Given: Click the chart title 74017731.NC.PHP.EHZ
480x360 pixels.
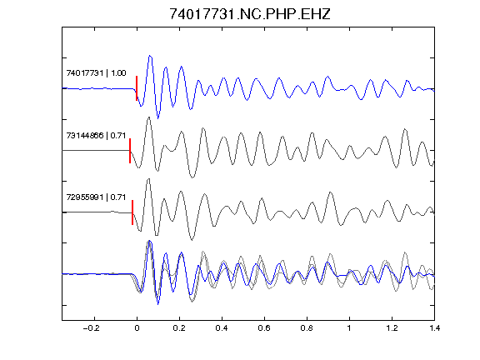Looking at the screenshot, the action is pyautogui.click(x=250, y=14).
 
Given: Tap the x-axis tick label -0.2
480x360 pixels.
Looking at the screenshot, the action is pyautogui.click(x=92, y=328).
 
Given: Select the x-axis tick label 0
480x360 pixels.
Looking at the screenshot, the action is pyautogui.click(x=137, y=328).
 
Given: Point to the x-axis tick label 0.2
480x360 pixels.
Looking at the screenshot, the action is pyautogui.click(x=179, y=328).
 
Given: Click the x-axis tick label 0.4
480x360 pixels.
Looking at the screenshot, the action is pyautogui.click(x=222, y=328).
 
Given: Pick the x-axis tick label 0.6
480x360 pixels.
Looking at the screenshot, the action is pyautogui.click(x=264, y=328).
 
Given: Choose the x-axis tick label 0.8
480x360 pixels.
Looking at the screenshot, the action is pyautogui.click(x=307, y=328).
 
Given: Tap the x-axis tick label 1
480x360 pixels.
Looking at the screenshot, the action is pyautogui.click(x=349, y=328).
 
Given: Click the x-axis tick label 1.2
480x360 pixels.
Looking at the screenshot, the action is pyautogui.click(x=392, y=328).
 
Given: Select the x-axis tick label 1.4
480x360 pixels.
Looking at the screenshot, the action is pyautogui.click(x=434, y=328).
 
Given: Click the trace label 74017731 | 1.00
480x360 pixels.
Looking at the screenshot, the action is pyautogui.click(x=96, y=73).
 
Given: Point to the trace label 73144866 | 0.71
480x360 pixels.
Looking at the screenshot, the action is pyautogui.click(x=96, y=135).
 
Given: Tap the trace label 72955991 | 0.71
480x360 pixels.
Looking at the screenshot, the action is pyautogui.click(x=96, y=197).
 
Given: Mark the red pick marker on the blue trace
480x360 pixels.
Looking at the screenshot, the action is pyautogui.click(x=137, y=88).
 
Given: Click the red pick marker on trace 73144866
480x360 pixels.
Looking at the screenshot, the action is pyautogui.click(x=130, y=151).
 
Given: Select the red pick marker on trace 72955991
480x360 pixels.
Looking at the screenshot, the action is pyautogui.click(x=132, y=212).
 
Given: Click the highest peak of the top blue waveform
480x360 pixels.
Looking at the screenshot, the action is pyautogui.click(x=150, y=56).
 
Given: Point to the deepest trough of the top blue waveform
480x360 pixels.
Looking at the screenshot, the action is pyautogui.click(x=158, y=118).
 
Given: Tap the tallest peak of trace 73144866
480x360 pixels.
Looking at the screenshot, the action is pyautogui.click(x=149, y=117).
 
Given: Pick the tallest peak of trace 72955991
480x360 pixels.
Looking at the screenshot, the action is pyautogui.click(x=149, y=179).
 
